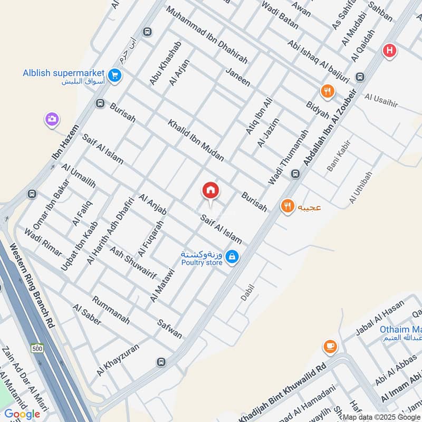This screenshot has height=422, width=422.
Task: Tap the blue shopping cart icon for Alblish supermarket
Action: pyautogui.click(x=114, y=76)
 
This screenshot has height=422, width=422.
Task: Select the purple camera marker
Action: pyautogui.click(x=52, y=119)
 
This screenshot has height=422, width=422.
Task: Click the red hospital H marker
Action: pyautogui.click(x=390, y=51)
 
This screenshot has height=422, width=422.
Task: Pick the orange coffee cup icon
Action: pyautogui.click(x=330, y=347)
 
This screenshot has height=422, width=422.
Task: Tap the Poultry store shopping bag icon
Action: pyautogui.click(x=232, y=257)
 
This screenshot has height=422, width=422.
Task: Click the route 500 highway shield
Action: pyautogui.click(x=37, y=348)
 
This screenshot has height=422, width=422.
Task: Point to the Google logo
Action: pyautogui.click(x=22, y=414)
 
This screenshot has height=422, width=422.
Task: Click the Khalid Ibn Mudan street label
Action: pyautogui.click(x=196, y=140)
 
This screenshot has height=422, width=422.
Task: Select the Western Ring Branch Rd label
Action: pyautogui.click(x=33, y=286)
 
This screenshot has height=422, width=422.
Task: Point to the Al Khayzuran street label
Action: pyautogui.click(x=118, y=360)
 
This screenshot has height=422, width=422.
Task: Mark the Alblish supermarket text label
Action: pyautogui.click(x=63, y=73)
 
